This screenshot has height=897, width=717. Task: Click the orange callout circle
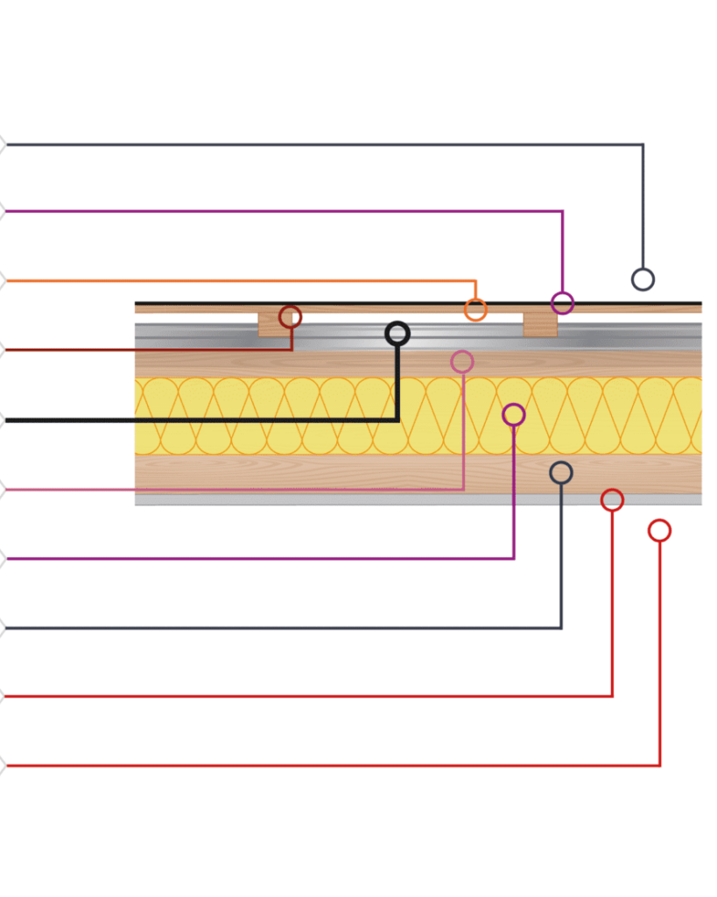[475, 309]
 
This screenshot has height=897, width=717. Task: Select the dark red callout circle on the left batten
[291, 317]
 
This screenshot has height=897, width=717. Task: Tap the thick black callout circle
[397, 333]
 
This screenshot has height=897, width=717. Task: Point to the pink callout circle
[462, 361]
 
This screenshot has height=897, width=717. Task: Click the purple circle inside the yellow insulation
[514, 414]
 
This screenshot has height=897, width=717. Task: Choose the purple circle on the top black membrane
[562, 304]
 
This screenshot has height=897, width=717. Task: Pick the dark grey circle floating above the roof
[643, 279]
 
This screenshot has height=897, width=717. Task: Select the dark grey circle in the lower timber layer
[561, 473]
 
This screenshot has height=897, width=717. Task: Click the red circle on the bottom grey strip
[612, 500]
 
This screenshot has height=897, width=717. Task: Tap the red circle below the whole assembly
[659, 530]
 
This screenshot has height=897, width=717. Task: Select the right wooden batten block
[540, 324]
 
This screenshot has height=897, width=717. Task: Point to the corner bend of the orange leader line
[475, 281]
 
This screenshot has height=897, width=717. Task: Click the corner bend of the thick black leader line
[397, 420]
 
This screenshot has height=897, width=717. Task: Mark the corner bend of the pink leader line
[463, 489]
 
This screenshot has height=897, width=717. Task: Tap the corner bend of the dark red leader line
[292, 350]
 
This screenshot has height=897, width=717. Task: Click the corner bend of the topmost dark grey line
[643, 145]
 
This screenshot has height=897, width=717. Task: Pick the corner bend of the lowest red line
[659, 766]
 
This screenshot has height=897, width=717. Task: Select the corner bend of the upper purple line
[562, 211]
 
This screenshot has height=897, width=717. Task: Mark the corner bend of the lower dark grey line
[561, 627]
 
